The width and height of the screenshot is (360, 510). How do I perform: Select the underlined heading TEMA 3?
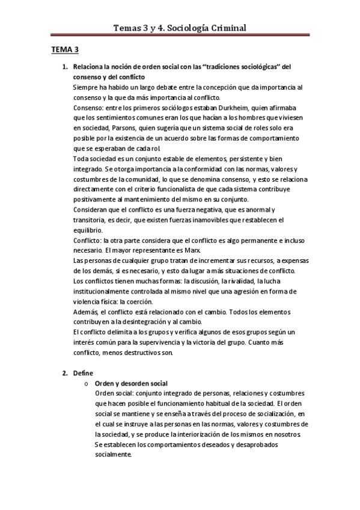point(64,51)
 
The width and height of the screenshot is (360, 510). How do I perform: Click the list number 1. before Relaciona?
point(66,67)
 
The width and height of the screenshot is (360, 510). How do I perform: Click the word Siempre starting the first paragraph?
point(85,87)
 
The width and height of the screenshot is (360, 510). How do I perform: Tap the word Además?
point(86,312)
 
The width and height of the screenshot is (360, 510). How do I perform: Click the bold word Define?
point(84,373)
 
